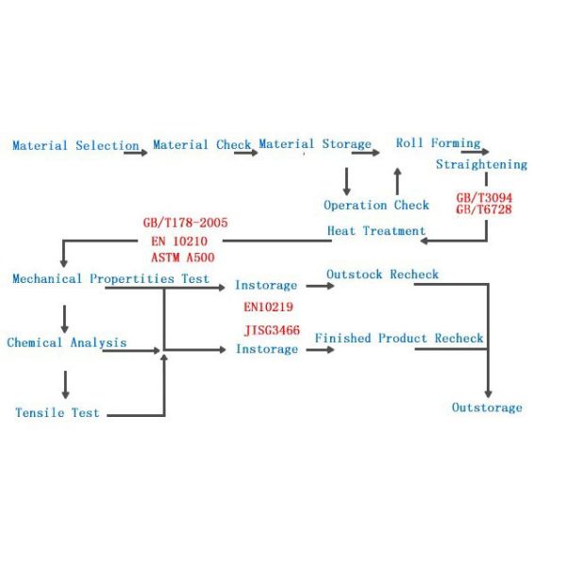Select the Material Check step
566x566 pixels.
202,145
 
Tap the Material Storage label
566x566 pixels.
315,144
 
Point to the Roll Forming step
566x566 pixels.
438,143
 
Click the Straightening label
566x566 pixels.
481,164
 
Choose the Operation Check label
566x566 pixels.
376,205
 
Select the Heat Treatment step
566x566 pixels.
376,230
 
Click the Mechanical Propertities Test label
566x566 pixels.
111,279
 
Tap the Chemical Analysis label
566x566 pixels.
67,342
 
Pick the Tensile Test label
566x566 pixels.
58,412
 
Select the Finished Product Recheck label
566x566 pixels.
399,338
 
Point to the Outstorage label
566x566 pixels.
487,408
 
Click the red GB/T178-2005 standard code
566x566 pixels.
186,224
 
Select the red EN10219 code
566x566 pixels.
270,307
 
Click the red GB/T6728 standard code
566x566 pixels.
484,209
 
